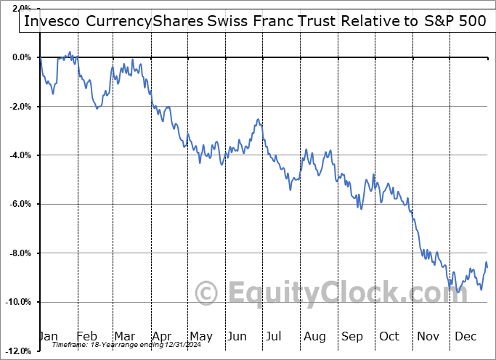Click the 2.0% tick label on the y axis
[x=20, y=8]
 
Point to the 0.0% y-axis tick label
[x=20, y=57]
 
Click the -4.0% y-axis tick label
[x=18, y=155]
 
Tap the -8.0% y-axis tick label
[x=18, y=253]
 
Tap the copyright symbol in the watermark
[x=206, y=294]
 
